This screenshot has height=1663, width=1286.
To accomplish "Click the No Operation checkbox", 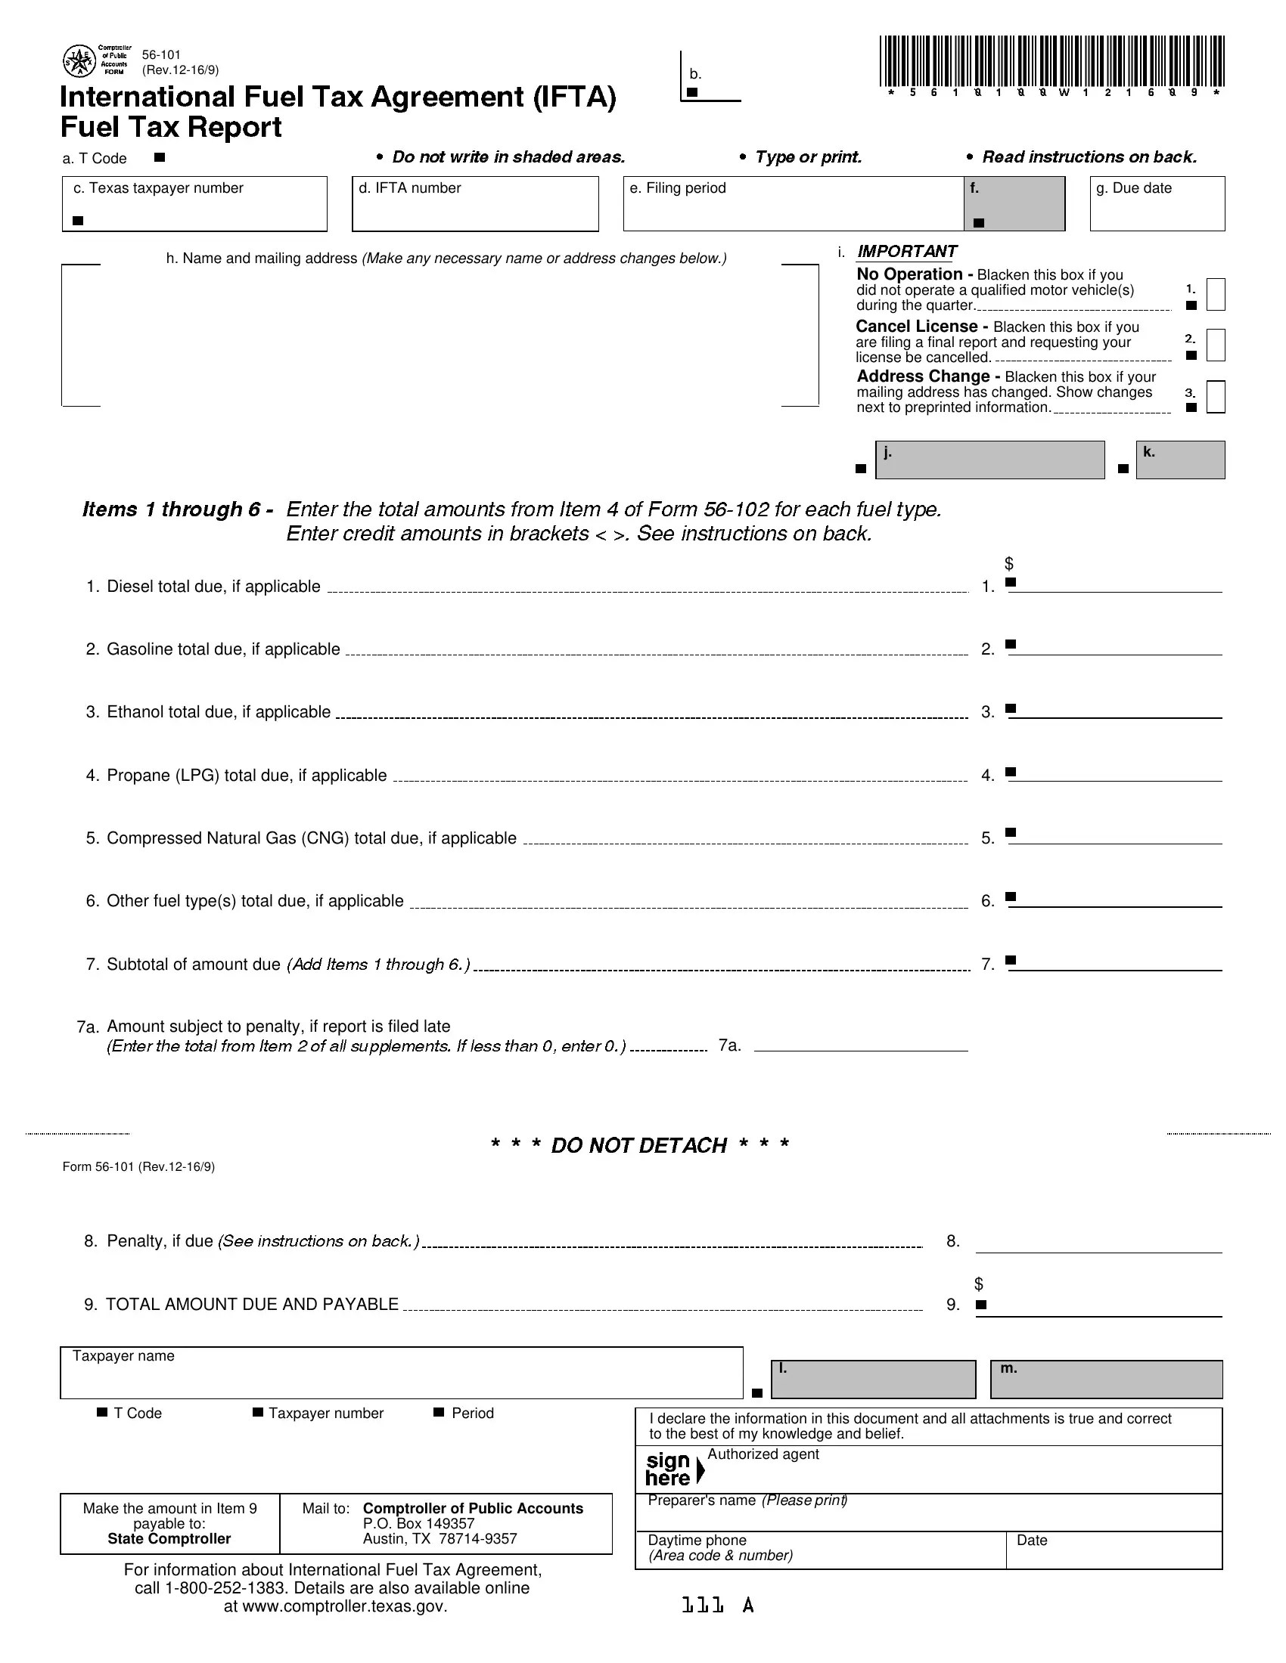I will (1216, 295).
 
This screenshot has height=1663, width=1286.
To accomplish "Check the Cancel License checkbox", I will (1216, 345).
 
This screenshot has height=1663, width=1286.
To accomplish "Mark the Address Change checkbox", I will (1216, 397).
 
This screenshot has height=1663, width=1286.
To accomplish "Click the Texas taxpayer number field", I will (194, 209).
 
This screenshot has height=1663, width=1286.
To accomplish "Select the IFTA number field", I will (474, 209).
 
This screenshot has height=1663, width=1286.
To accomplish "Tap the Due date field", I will (1157, 209).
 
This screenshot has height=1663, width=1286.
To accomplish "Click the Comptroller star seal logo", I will (78, 61).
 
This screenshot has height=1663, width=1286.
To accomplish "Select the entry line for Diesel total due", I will (1116, 584).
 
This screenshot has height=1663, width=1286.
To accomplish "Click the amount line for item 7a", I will (861, 1044).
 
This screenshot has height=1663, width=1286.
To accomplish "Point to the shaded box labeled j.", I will (989, 460).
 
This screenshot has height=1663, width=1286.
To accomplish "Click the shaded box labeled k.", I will (1179, 460).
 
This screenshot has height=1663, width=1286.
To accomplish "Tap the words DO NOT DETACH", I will (638, 1145).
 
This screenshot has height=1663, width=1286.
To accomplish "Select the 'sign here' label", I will (669, 1469).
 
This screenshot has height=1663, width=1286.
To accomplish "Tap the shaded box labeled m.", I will (1105, 1380).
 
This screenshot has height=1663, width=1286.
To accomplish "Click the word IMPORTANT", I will (906, 251).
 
